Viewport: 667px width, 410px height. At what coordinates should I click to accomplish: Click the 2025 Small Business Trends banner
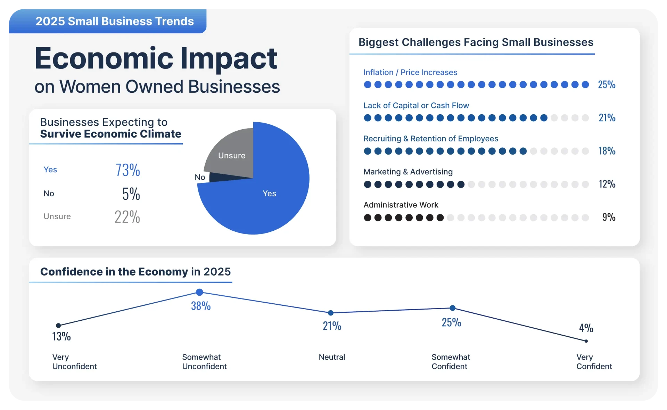pos(108,21)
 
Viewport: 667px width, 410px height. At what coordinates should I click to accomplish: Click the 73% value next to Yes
pos(128,170)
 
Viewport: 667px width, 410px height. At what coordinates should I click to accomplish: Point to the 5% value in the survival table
pos(131,194)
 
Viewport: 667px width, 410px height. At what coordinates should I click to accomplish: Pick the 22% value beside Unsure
pos(127,216)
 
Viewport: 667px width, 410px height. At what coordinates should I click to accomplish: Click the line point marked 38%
pos(199,292)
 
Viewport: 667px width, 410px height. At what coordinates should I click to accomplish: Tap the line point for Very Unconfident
pos(58,326)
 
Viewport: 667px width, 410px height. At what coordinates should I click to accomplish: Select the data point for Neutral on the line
pos(331,313)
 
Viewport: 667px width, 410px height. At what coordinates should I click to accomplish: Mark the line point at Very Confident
pos(586,341)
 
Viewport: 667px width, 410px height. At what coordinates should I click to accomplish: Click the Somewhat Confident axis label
pos(451,362)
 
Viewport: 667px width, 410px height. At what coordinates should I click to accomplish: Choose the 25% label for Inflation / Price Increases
pos(607,84)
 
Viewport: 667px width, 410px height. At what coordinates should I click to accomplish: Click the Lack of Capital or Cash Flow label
pos(416,105)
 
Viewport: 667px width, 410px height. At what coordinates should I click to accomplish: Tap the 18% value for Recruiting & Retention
pos(607,151)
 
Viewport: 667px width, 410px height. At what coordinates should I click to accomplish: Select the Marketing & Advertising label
pos(408,172)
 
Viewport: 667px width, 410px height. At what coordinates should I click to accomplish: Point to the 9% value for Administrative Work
pos(609,217)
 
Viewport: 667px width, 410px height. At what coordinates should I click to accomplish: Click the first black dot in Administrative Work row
pos(368,218)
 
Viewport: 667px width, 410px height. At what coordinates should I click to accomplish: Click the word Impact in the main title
pos(229,58)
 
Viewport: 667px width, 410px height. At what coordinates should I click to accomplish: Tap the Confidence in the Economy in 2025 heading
pos(135,271)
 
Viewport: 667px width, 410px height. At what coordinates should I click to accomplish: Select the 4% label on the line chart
pos(586,328)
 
